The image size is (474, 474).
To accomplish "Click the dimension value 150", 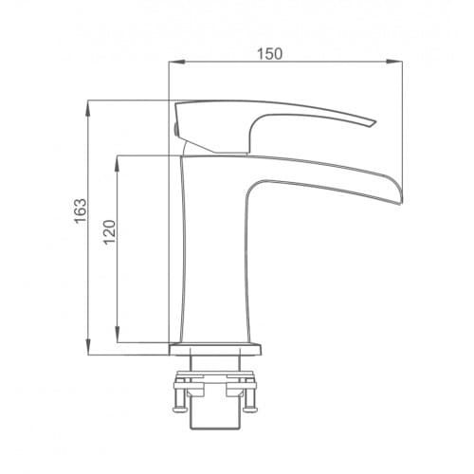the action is (x=269, y=54).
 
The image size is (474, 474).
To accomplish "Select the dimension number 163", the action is (x=81, y=211).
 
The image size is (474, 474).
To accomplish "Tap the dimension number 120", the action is (x=110, y=232).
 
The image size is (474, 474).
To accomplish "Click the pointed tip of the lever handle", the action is (x=375, y=122).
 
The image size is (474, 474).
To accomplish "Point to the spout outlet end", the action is (x=401, y=192).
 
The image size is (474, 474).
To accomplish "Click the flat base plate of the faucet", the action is (x=215, y=349).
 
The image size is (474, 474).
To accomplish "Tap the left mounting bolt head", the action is (x=181, y=410).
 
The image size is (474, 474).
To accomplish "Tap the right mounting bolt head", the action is (x=250, y=410).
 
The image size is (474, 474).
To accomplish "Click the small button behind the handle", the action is (x=175, y=129).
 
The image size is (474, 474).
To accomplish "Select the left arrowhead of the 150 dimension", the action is (x=176, y=62).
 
